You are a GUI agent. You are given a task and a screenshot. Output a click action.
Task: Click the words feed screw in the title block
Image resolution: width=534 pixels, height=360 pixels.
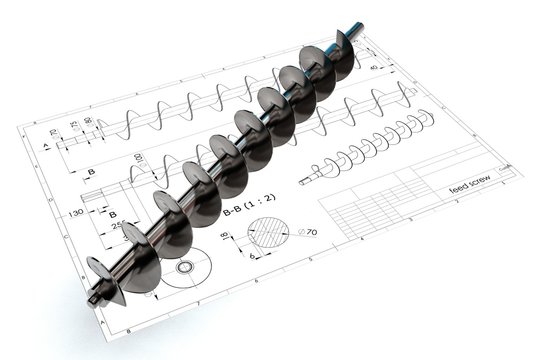click(x=469, y=184)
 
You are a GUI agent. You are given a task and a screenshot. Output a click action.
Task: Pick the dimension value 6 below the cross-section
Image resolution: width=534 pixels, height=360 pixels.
click(x=252, y=256)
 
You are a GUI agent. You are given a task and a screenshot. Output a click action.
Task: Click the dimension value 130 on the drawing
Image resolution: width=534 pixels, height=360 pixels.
click(x=75, y=213)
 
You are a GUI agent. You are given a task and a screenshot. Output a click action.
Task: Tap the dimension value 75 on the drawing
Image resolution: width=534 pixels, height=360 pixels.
click(x=72, y=127)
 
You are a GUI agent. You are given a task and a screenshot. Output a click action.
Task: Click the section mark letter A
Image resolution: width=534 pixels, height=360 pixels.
click(x=47, y=146)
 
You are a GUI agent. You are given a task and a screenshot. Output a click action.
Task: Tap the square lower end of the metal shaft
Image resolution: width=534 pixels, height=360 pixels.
click(x=93, y=297)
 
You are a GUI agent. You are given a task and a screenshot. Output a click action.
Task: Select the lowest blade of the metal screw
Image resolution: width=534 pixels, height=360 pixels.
click(x=103, y=278)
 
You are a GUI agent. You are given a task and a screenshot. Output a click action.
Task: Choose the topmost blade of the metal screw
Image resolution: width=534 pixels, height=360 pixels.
click(x=343, y=53)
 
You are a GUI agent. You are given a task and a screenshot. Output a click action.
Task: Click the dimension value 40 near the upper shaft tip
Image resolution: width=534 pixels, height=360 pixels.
click(x=374, y=67)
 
